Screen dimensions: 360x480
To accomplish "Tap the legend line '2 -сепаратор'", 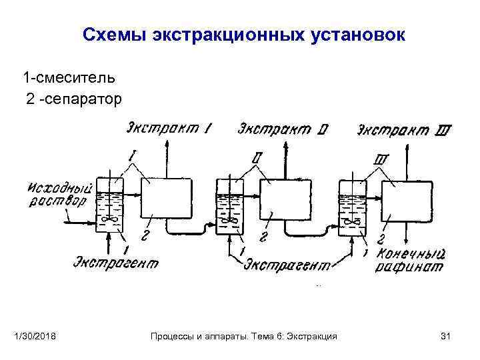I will point(74,99).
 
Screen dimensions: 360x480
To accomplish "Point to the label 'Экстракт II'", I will point(282,129).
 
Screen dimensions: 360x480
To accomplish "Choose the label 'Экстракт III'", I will point(403,129).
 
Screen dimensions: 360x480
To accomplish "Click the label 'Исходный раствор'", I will point(57,194).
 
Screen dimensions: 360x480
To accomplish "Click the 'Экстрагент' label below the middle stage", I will point(287,265).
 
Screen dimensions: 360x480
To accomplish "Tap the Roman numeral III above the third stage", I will point(382,160).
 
